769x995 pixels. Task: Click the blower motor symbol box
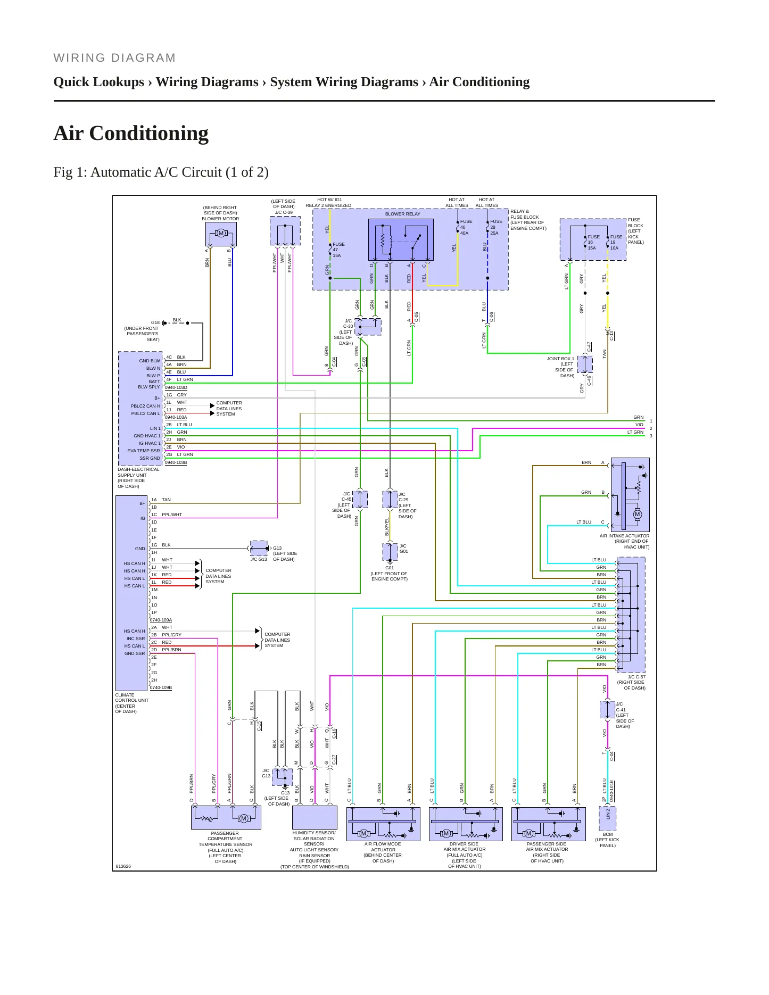click(221, 234)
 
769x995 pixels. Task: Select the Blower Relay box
click(401, 240)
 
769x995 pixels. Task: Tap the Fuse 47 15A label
click(338, 250)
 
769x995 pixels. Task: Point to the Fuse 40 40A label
click(466, 227)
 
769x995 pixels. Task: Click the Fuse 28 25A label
click(496, 227)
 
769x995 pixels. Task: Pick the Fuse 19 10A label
click(616, 243)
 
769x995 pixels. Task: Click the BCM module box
click(608, 819)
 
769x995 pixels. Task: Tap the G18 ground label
click(155, 323)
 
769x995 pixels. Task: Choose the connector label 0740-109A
click(161, 620)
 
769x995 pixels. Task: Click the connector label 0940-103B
click(176, 463)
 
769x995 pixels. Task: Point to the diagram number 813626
click(123, 867)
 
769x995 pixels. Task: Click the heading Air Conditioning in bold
click(131, 133)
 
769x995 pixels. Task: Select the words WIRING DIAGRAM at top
click(114, 58)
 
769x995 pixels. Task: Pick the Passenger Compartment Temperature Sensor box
click(226, 817)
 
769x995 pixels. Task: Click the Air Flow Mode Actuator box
click(383, 824)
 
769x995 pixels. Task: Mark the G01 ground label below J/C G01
click(390, 568)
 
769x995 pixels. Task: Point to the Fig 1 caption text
click(161, 172)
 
